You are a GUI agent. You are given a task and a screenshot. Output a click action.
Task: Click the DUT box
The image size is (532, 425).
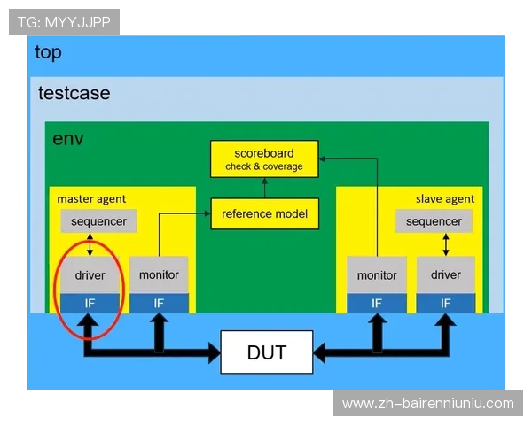(x=266, y=353)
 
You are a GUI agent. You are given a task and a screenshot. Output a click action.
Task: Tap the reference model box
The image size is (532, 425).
(x=263, y=213)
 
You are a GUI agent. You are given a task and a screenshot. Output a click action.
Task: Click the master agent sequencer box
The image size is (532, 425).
(x=98, y=221)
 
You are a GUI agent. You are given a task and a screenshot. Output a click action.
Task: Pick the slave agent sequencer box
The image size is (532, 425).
(x=434, y=221)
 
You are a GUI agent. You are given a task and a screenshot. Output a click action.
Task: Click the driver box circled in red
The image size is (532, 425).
(x=90, y=275)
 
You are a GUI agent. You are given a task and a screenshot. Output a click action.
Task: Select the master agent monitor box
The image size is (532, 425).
(x=159, y=275)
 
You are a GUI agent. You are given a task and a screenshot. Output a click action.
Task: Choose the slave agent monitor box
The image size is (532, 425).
(x=377, y=275)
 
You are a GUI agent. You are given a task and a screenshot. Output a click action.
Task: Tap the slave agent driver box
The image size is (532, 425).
(x=446, y=275)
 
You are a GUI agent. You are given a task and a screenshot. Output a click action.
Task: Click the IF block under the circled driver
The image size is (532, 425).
(x=90, y=303)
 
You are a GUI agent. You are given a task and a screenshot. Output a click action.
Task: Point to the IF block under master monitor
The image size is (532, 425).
(x=159, y=303)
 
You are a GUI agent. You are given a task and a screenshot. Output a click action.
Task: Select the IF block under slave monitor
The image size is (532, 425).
(x=377, y=303)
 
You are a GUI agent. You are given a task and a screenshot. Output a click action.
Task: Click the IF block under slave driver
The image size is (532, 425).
(x=446, y=303)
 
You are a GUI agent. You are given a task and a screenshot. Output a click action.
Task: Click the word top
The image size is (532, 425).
(x=48, y=52)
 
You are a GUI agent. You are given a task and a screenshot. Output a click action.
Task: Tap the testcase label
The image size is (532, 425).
(x=74, y=92)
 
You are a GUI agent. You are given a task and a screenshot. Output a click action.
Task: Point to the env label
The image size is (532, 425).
(x=68, y=138)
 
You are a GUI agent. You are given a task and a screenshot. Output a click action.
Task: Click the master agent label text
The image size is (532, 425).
(x=91, y=198)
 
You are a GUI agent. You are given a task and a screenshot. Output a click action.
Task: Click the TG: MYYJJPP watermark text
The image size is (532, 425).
(x=64, y=22)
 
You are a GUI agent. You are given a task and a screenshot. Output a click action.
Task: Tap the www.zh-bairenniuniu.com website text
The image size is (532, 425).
(x=427, y=404)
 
